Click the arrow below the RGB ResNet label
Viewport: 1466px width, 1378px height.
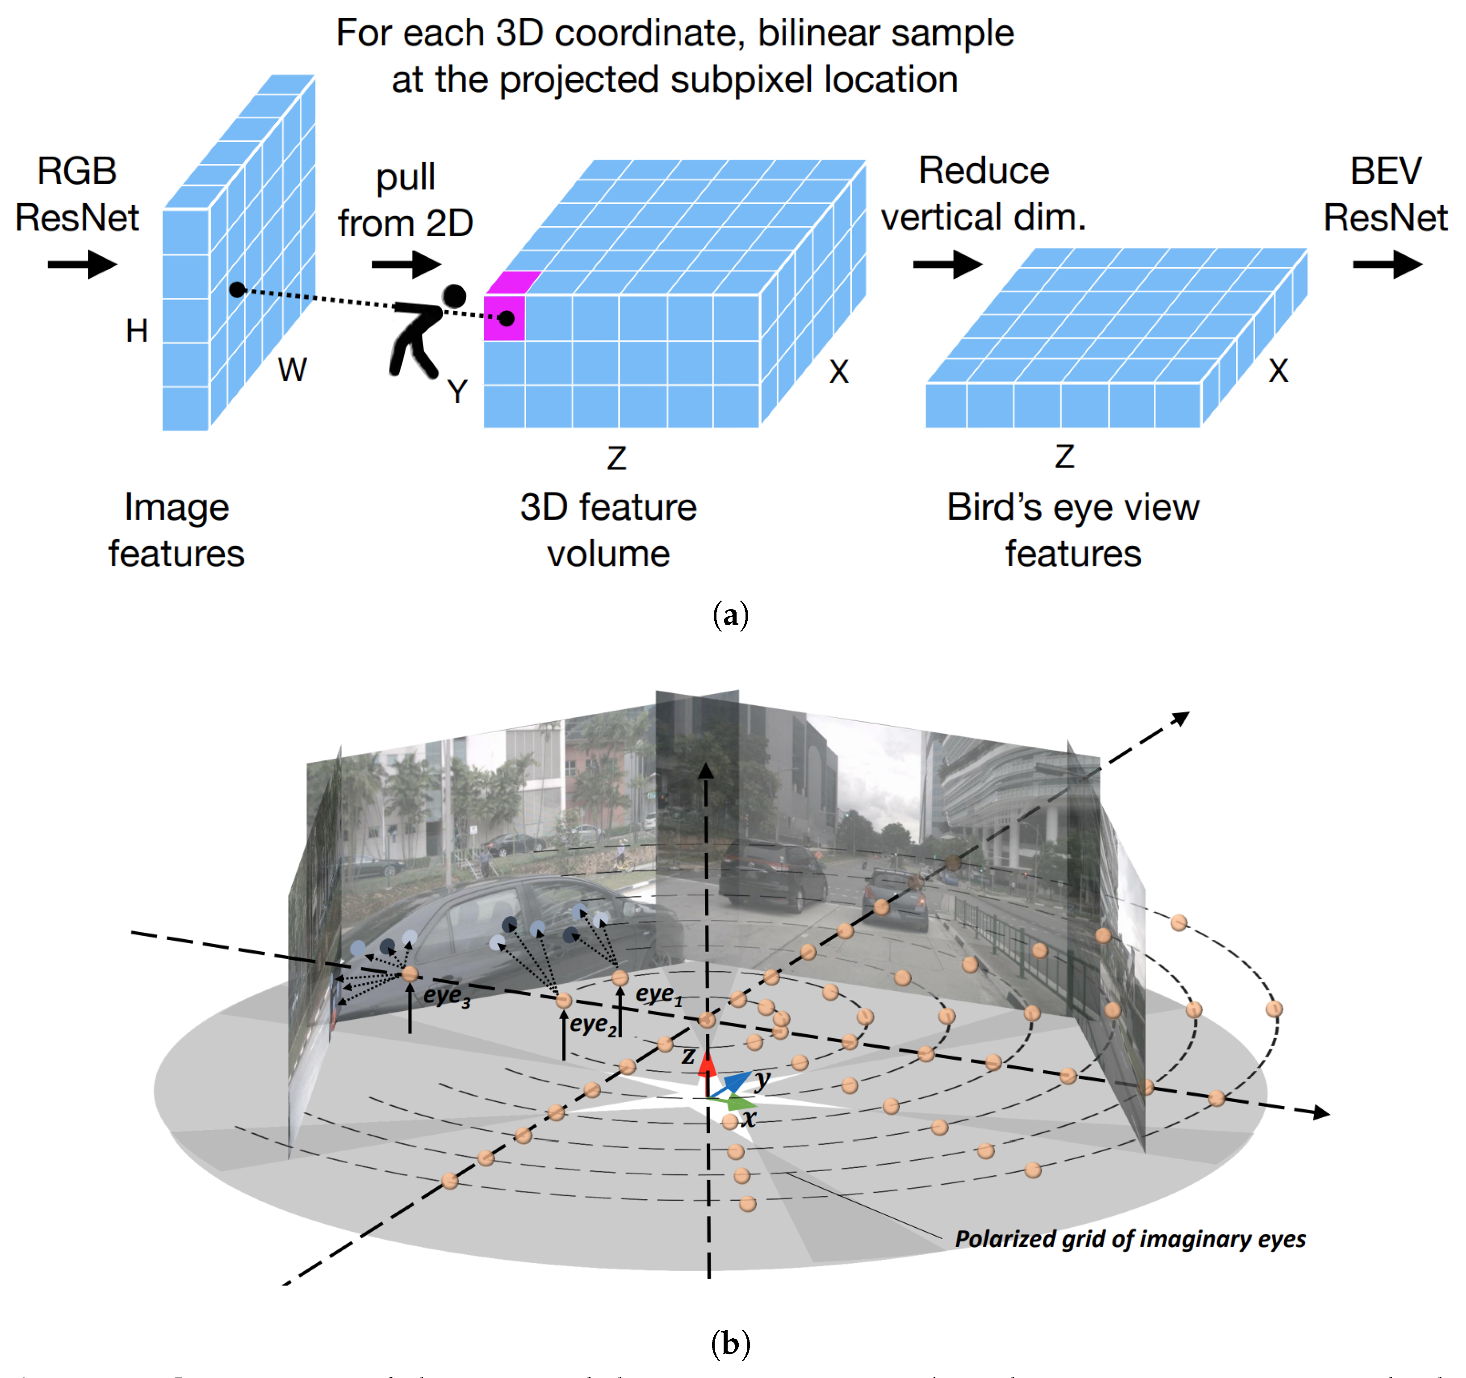[82, 264]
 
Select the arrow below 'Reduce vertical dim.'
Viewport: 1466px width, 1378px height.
[947, 264]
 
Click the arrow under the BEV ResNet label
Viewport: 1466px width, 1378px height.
[1387, 264]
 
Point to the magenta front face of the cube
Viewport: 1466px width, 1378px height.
[504, 318]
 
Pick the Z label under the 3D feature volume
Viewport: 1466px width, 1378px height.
[616, 459]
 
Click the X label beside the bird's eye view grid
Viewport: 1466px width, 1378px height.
[1278, 371]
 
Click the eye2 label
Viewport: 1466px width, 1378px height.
[593, 1025]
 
